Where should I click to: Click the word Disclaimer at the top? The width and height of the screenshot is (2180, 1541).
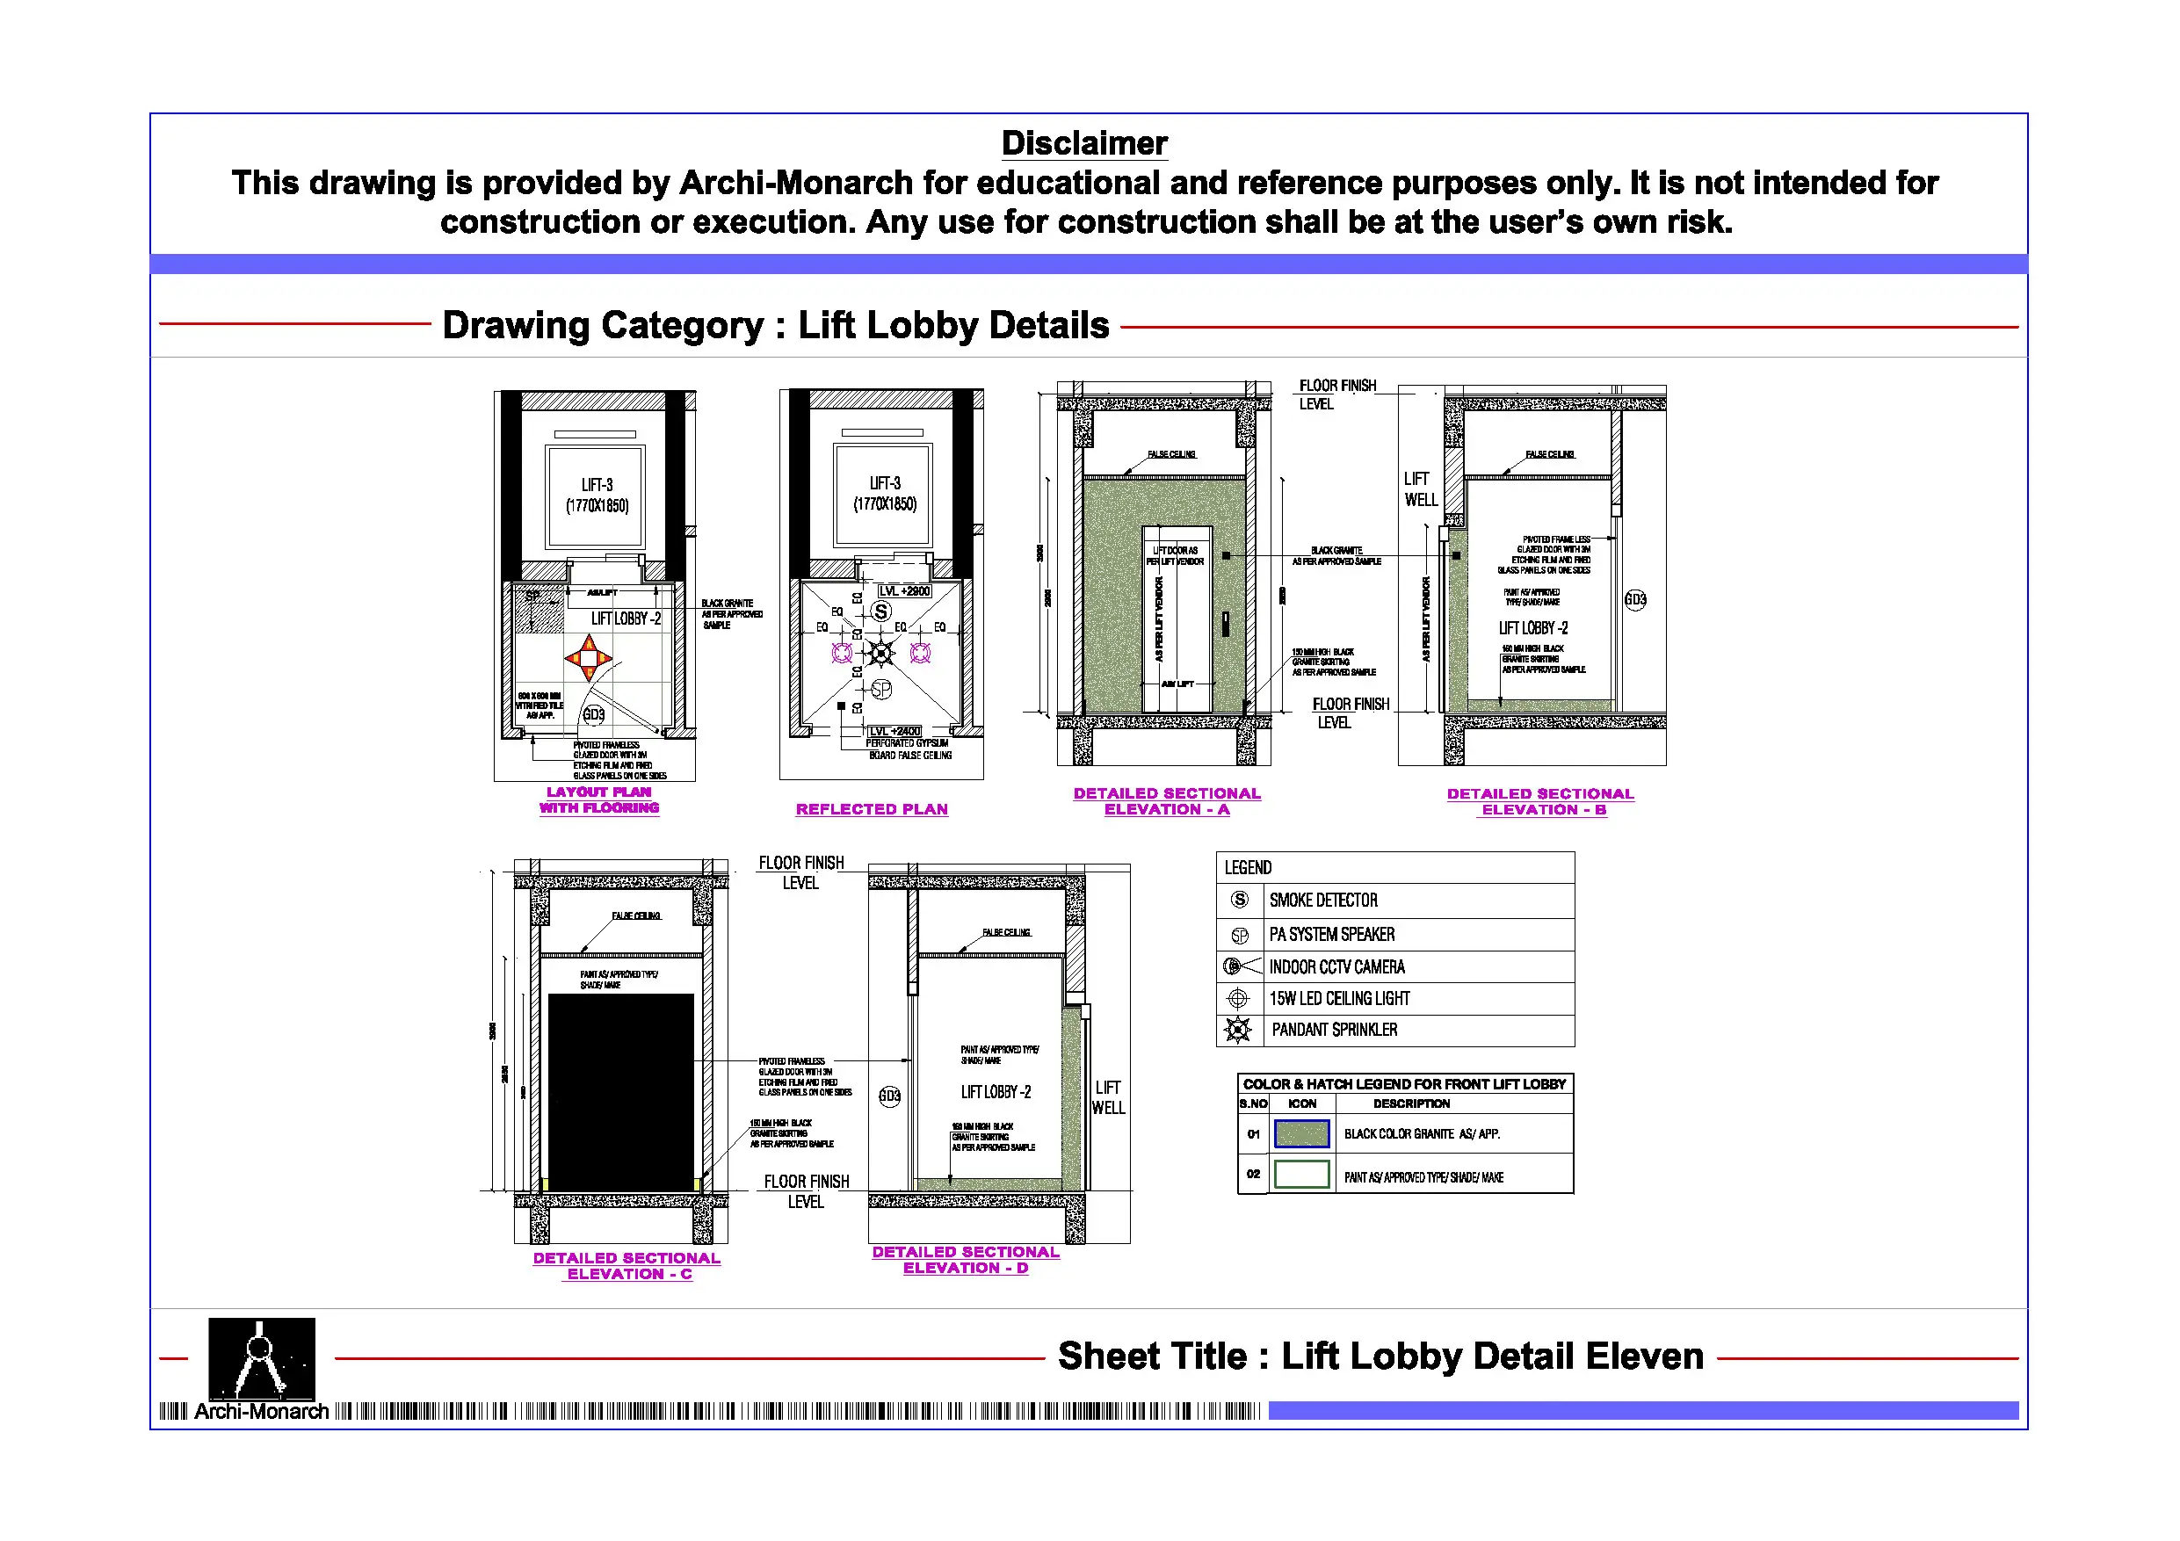click(1083, 143)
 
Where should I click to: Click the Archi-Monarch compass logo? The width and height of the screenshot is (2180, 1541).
click(261, 1357)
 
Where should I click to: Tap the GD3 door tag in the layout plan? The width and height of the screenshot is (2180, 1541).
click(593, 714)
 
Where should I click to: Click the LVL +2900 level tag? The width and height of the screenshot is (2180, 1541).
click(904, 590)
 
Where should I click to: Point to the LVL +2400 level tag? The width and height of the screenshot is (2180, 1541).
click(894, 731)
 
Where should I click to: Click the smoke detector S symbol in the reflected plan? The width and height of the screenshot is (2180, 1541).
click(881, 611)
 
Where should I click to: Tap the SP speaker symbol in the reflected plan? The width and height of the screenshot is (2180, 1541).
click(881, 690)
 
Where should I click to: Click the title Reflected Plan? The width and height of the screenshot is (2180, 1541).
click(872, 809)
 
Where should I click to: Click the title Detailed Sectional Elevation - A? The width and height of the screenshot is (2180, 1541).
click(1167, 801)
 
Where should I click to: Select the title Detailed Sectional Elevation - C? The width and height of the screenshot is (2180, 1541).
click(626, 1266)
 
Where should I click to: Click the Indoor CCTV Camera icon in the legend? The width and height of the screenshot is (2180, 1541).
click(1238, 966)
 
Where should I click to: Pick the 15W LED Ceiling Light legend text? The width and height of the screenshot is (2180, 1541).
click(1339, 998)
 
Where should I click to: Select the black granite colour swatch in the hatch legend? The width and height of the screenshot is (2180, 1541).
click(1300, 1133)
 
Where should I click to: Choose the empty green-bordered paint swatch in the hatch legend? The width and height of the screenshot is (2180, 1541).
click(1300, 1175)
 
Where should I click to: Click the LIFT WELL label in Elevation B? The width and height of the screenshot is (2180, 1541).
click(1421, 489)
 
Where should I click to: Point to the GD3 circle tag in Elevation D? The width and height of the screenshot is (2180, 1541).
click(889, 1096)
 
